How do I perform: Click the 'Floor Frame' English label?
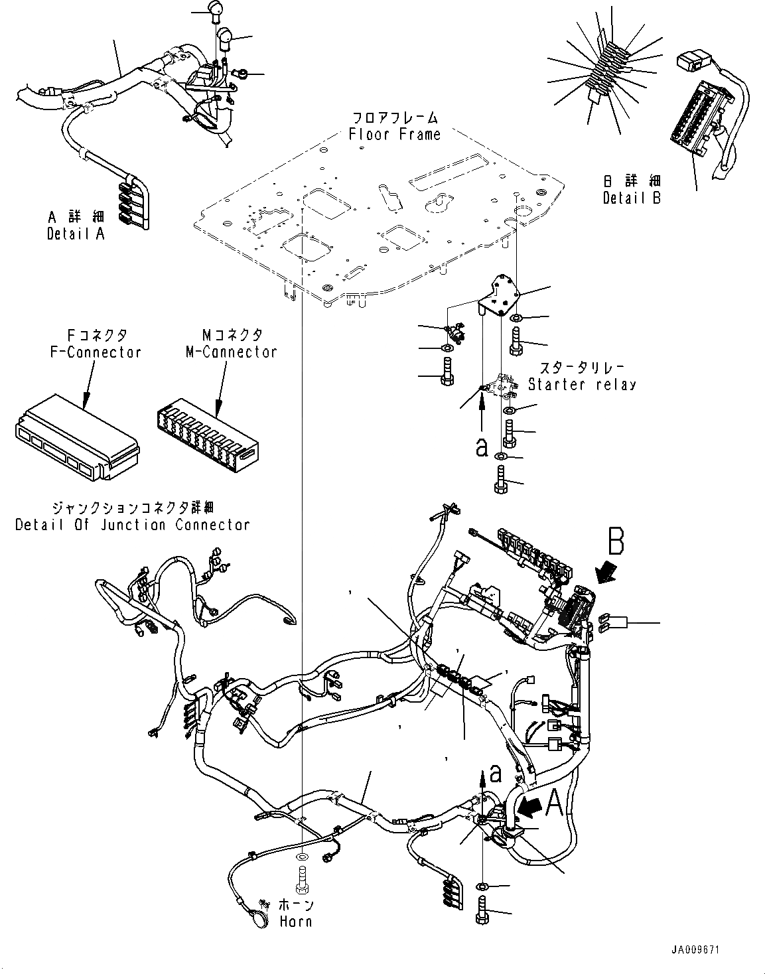point(394,135)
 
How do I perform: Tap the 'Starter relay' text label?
point(581,384)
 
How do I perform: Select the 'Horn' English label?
point(295,922)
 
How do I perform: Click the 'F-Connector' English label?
point(96,352)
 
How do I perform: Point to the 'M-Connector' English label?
point(231,352)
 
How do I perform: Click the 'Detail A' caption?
point(76,234)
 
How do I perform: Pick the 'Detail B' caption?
point(632,198)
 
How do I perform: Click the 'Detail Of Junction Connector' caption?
point(133,525)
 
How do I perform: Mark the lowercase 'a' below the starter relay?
point(482,447)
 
